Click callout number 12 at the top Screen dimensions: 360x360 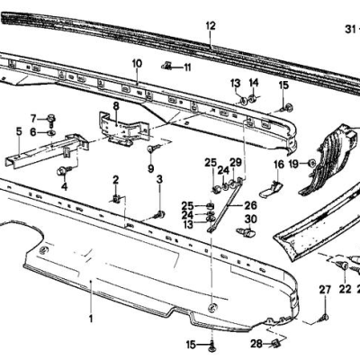click(x=210, y=25)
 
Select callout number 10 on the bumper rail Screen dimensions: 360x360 click(x=137, y=64)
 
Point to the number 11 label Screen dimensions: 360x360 click(x=187, y=67)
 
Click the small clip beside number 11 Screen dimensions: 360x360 click(x=168, y=66)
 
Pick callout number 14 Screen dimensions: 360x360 click(x=253, y=84)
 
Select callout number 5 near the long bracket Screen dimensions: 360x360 click(x=18, y=131)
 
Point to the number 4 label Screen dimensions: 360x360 click(x=64, y=186)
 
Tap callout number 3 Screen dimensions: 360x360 click(x=159, y=180)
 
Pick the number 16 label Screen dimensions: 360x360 click(x=279, y=165)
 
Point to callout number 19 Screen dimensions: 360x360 click(x=293, y=165)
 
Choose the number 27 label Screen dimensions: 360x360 click(x=325, y=289)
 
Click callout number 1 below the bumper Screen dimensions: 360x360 click(x=90, y=319)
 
